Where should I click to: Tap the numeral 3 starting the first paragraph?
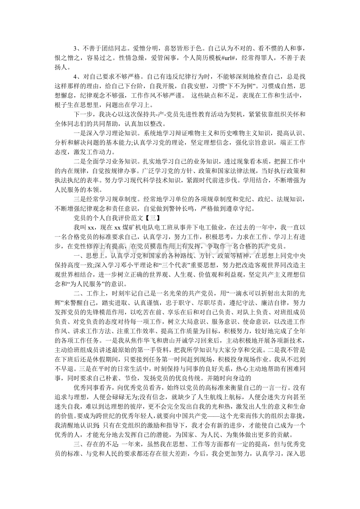pyautogui.click(x=75, y=48)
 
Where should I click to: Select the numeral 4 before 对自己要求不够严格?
pyautogui.click(x=75, y=76)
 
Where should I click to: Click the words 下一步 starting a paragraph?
pyautogui.click(x=82, y=114)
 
